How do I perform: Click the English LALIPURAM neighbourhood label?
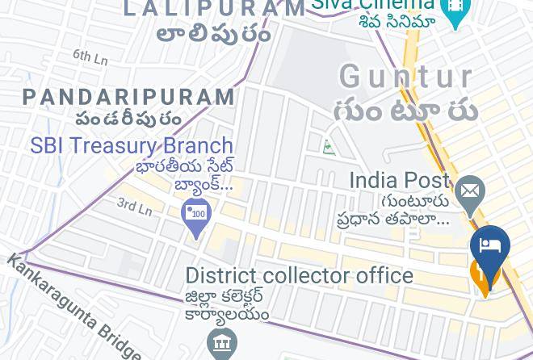coord(214,9)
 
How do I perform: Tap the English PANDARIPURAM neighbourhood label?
coord(129,98)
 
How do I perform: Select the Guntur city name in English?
coord(406,77)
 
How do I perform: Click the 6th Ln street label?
coord(90,57)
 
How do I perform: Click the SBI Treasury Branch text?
coord(132,146)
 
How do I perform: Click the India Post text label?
coord(399,180)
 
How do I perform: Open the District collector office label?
coord(299,275)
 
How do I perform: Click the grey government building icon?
coord(222,343)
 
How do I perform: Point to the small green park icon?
coord(329,147)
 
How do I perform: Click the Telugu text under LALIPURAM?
coord(213,34)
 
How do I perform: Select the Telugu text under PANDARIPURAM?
coord(128,119)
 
